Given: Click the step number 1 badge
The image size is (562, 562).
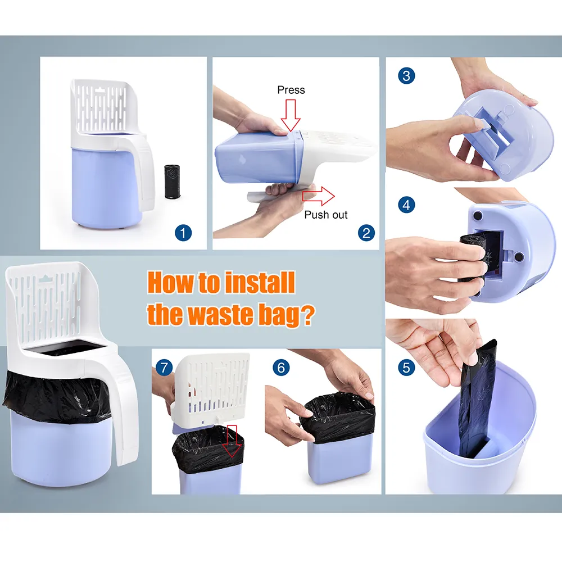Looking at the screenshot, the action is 183,233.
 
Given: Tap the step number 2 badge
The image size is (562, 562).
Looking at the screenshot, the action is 366,233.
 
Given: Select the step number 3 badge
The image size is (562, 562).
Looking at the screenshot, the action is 406,76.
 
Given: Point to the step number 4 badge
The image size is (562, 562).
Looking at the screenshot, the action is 406,205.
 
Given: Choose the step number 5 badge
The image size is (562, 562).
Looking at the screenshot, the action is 406,368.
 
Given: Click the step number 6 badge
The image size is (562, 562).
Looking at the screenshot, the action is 282,368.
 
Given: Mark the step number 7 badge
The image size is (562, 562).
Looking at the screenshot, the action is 164,368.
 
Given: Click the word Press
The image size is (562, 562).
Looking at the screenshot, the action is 291,90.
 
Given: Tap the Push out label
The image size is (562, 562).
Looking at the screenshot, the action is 326,215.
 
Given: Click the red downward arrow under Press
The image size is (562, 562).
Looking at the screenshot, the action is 291,115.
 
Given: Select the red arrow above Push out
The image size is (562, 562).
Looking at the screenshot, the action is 318,196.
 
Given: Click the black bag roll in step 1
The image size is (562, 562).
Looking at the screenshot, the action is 173,182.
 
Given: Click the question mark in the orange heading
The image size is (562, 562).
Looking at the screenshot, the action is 307,315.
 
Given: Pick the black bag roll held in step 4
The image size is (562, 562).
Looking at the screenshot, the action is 474,257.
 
